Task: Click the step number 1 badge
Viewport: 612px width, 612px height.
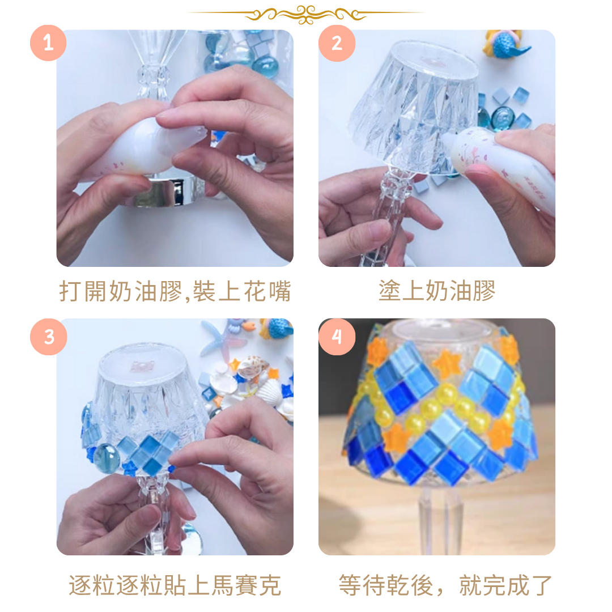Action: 48,43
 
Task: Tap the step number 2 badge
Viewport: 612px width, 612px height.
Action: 337,43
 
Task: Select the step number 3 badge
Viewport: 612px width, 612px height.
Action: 48,337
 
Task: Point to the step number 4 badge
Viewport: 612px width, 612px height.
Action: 337,337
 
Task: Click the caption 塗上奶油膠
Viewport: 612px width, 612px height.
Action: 437,290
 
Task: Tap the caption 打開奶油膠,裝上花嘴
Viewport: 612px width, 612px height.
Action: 175,291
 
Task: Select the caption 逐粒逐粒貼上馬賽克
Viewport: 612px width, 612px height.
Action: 175,585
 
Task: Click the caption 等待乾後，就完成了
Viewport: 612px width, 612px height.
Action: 445,585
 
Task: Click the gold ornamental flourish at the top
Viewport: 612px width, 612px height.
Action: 306,14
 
